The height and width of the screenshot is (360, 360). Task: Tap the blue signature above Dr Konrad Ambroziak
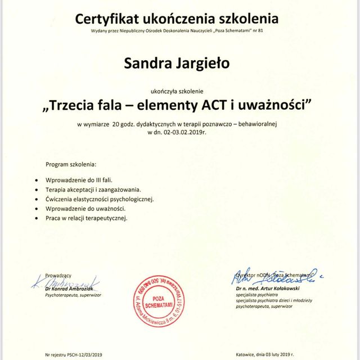pos(65,281)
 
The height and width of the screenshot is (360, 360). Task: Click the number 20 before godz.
pos(115,122)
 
